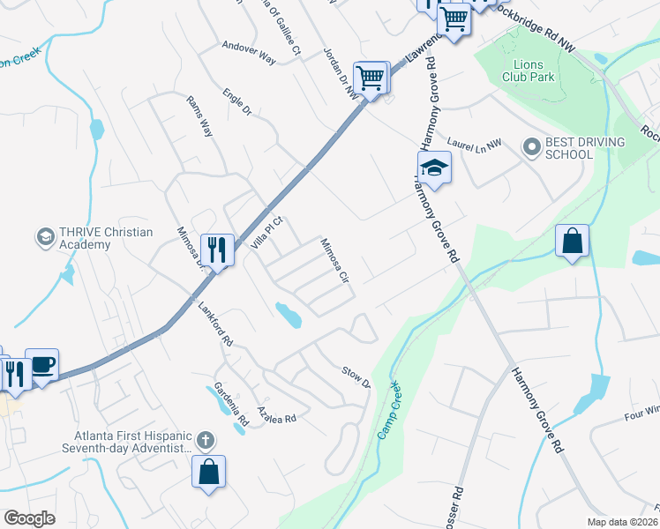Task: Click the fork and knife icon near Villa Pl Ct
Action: coord(216,250)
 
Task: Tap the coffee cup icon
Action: coord(41,364)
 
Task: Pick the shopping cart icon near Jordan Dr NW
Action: coord(371,78)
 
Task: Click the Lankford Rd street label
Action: coord(215,324)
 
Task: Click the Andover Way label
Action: coord(249,52)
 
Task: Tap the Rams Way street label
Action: coord(199,116)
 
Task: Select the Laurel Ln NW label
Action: coord(474,141)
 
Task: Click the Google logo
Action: coord(29,518)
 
